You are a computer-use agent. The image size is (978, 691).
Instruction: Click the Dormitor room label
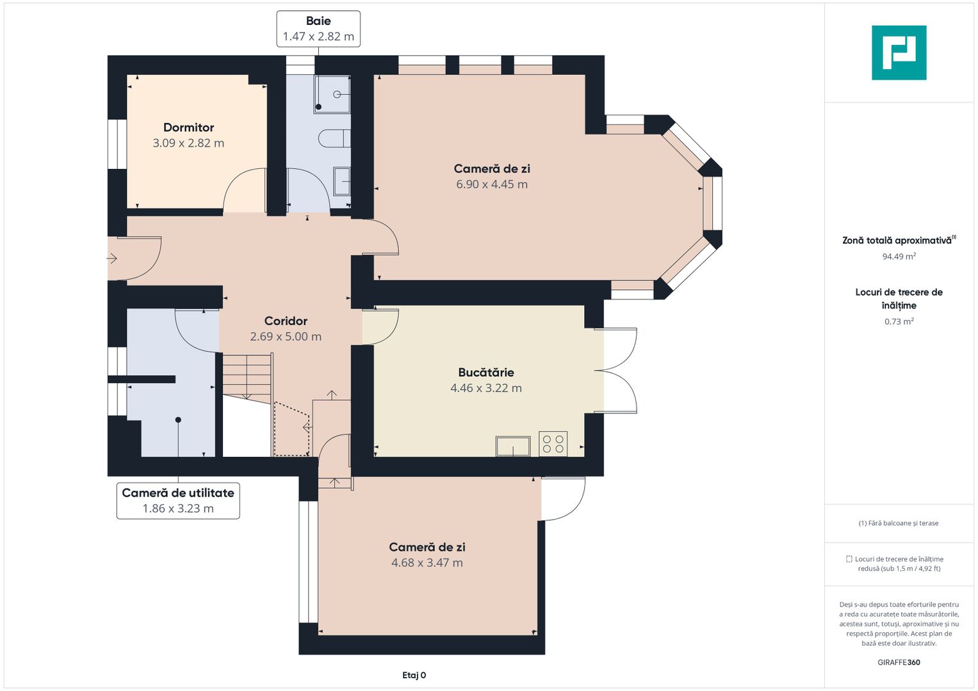[x=188, y=127]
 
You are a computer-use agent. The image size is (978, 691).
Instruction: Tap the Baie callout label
[x=318, y=21]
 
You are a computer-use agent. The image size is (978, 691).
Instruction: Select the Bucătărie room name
[x=486, y=372]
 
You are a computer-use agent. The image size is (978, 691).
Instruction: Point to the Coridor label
[x=286, y=321]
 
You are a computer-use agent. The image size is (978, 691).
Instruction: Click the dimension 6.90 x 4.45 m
[x=492, y=184]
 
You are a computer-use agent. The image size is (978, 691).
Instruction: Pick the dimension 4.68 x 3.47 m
[x=427, y=563]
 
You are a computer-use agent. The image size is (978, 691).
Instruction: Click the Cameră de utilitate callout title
[x=178, y=493]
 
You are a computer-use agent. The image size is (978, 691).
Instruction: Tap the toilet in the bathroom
[x=334, y=138]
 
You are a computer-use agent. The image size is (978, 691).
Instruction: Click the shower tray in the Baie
[x=332, y=94]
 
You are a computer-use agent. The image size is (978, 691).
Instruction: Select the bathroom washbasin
[x=342, y=182]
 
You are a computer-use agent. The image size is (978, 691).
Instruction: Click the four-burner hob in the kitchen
[x=553, y=443]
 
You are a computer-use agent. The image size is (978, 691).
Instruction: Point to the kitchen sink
[x=513, y=447]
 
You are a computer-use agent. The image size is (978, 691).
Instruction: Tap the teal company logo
[x=899, y=52]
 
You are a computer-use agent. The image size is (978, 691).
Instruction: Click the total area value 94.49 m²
[x=899, y=257]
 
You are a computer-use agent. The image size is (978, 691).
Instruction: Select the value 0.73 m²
[x=899, y=321]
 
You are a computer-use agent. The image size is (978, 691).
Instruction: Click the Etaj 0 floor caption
[x=414, y=675]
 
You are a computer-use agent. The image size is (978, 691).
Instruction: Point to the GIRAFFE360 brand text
[x=899, y=662]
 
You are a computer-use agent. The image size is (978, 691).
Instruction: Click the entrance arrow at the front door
[x=112, y=258]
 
